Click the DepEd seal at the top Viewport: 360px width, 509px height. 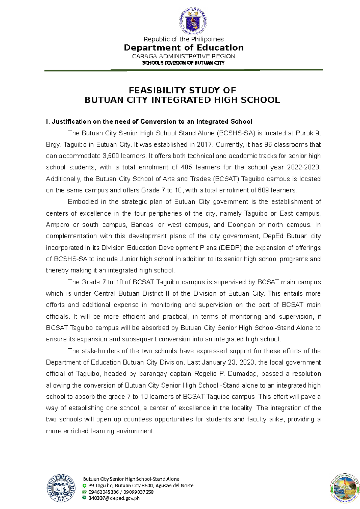[x=193, y=21]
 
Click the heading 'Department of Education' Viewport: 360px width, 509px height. [x=184, y=48]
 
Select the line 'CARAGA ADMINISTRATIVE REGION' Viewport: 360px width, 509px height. [x=184, y=56]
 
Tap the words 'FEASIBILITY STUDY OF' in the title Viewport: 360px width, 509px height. [x=182, y=90]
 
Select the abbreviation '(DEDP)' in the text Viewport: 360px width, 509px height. [x=229, y=248]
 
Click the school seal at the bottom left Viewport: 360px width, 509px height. [x=61, y=488]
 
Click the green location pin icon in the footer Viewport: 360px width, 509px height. [x=85, y=486]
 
